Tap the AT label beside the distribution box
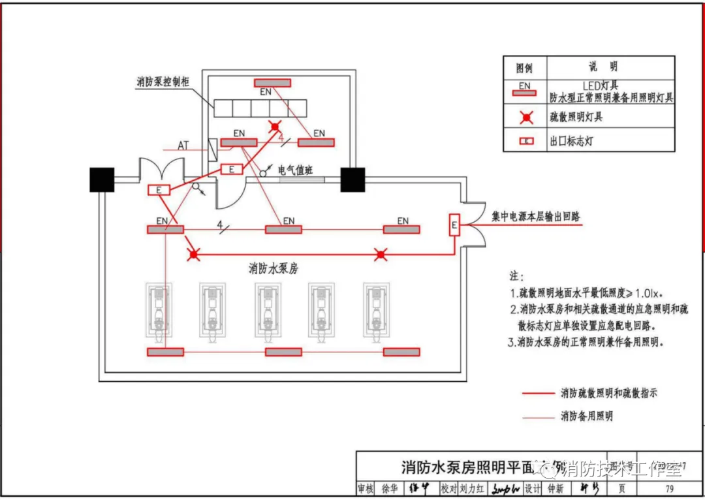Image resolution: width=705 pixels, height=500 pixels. click(183, 146)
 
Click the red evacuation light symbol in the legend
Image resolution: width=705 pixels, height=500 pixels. click(525, 117)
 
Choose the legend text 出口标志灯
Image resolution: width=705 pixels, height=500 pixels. click(571, 140)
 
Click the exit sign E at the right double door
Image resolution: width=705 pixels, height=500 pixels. click(454, 226)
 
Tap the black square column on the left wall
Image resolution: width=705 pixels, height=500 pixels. click(102, 180)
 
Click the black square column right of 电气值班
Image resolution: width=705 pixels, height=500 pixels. click(352, 180)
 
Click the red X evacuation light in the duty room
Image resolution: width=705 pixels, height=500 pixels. click(275, 126)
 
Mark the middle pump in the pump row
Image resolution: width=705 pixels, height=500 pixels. click(267, 312)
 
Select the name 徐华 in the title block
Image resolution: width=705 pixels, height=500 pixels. click(390, 489)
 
